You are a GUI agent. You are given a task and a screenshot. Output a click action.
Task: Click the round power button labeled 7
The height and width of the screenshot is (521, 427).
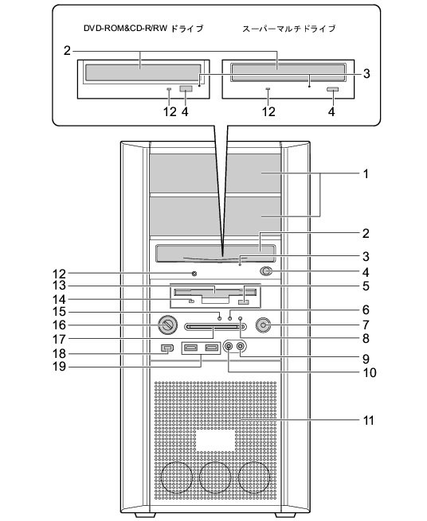tap(263, 325)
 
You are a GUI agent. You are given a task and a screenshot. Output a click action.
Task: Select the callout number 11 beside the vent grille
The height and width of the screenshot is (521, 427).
tap(368, 420)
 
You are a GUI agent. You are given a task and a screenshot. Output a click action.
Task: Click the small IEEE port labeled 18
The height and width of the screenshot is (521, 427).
tap(167, 348)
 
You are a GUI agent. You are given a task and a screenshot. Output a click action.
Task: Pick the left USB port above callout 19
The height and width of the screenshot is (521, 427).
tap(190, 348)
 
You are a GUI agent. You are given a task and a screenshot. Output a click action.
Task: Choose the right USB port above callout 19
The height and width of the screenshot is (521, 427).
tap(212, 348)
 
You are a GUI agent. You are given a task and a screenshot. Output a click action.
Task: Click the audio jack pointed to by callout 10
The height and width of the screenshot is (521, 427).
tap(229, 346)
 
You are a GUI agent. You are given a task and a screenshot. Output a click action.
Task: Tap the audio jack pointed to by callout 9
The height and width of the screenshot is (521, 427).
tap(241, 346)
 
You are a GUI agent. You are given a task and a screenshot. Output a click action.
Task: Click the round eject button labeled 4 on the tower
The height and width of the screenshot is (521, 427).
tap(265, 272)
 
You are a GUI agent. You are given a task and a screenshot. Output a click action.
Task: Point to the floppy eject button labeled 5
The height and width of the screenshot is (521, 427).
tap(244, 302)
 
